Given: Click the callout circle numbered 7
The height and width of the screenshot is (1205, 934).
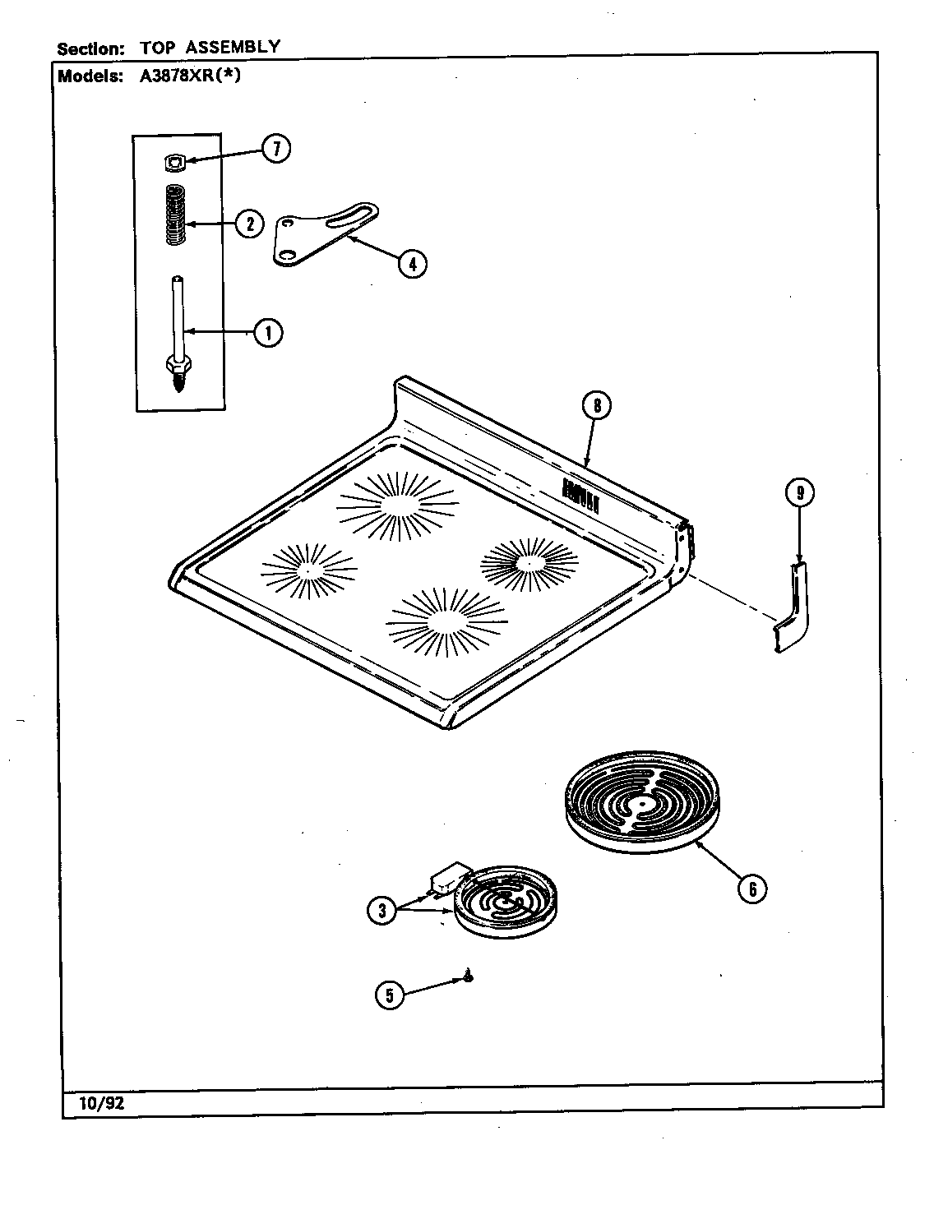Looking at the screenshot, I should [276, 149].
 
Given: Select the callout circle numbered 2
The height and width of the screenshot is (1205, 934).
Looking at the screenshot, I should [248, 224].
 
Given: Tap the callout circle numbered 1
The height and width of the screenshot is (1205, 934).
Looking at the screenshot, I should [267, 333].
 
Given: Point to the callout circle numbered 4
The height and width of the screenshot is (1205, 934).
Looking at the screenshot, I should [413, 264].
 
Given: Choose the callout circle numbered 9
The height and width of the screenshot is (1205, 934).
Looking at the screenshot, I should [799, 493].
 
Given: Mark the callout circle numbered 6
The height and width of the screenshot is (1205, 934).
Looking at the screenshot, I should [751, 889].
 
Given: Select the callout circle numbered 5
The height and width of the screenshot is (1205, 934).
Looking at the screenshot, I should [390, 995].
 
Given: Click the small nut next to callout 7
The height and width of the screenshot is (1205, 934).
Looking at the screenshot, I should [173, 164].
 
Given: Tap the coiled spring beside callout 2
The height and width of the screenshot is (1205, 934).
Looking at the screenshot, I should [174, 215].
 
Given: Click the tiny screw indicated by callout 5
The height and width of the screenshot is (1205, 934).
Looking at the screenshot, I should [468, 976].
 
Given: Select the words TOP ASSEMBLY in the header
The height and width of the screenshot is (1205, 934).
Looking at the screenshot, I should [210, 48].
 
